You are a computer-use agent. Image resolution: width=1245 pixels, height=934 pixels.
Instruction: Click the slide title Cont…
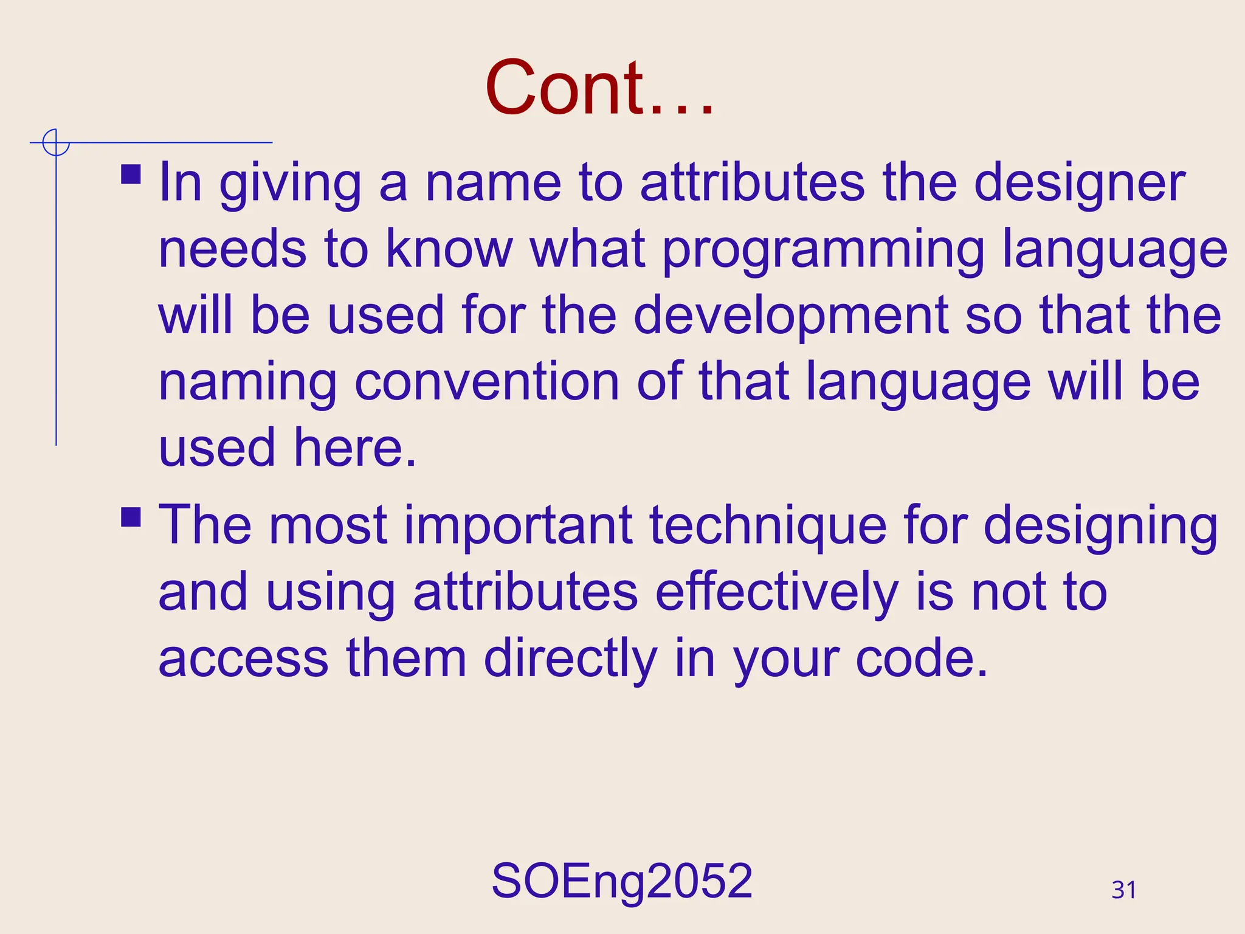(x=599, y=88)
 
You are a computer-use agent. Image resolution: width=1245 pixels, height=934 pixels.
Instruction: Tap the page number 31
(x=1123, y=890)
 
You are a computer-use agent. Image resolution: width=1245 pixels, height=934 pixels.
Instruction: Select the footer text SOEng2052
(x=622, y=881)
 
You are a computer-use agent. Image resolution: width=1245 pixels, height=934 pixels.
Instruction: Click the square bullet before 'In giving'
(x=131, y=175)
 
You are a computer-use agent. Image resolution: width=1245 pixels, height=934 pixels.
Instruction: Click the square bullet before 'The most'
(x=131, y=517)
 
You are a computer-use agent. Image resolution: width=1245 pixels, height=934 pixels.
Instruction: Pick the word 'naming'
(x=247, y=383)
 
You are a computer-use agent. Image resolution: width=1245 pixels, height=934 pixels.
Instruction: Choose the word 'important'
(x=517, y=525)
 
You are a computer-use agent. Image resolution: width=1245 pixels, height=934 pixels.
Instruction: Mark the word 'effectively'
(x=777, y=592)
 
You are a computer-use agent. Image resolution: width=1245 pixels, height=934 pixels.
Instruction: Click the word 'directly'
(x=570, y=659)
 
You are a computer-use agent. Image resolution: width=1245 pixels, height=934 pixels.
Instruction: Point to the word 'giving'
(x=290, y=184)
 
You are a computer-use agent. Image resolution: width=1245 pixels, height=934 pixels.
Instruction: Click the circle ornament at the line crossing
(x=56, y=143)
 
